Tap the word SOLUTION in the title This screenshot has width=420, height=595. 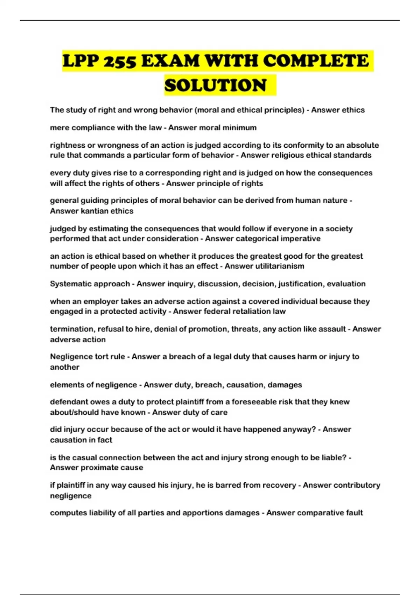[x=216, y=85]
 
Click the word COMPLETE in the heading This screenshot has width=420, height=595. [x=316, y=61]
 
